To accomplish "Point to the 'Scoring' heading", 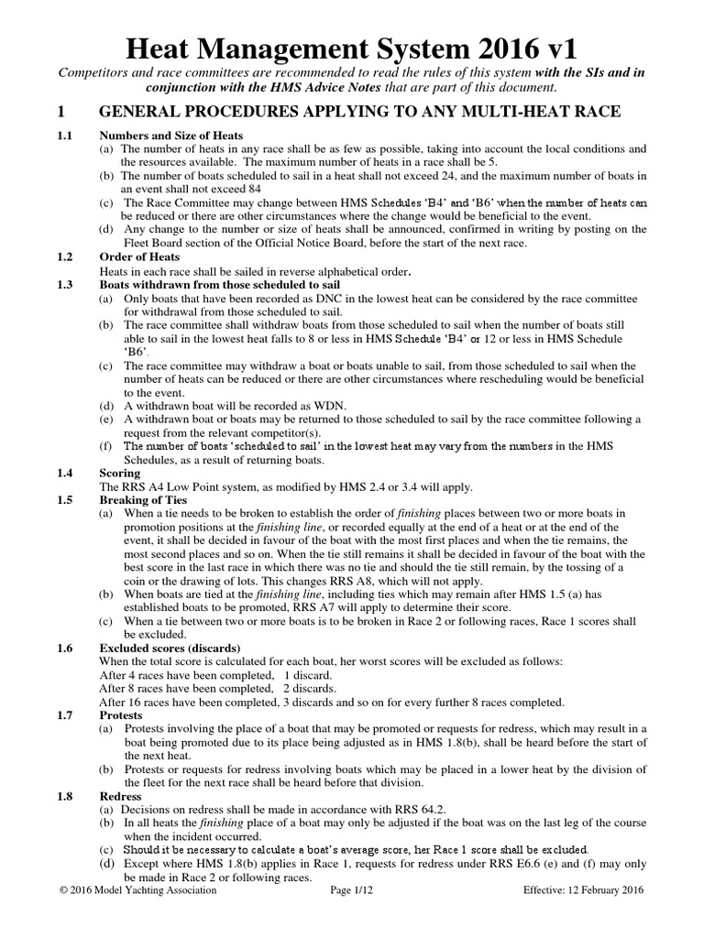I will pos(120,473).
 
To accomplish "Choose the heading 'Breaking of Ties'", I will pos(143,500).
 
